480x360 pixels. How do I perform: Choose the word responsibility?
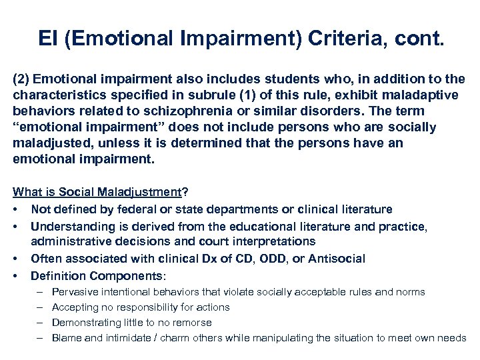pyautogui.click(x=139, y=307)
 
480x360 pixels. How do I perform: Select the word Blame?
pyautogui.click(x=66, y=338)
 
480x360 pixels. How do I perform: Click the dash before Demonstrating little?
pyautogui.click(x=38, y=323)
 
